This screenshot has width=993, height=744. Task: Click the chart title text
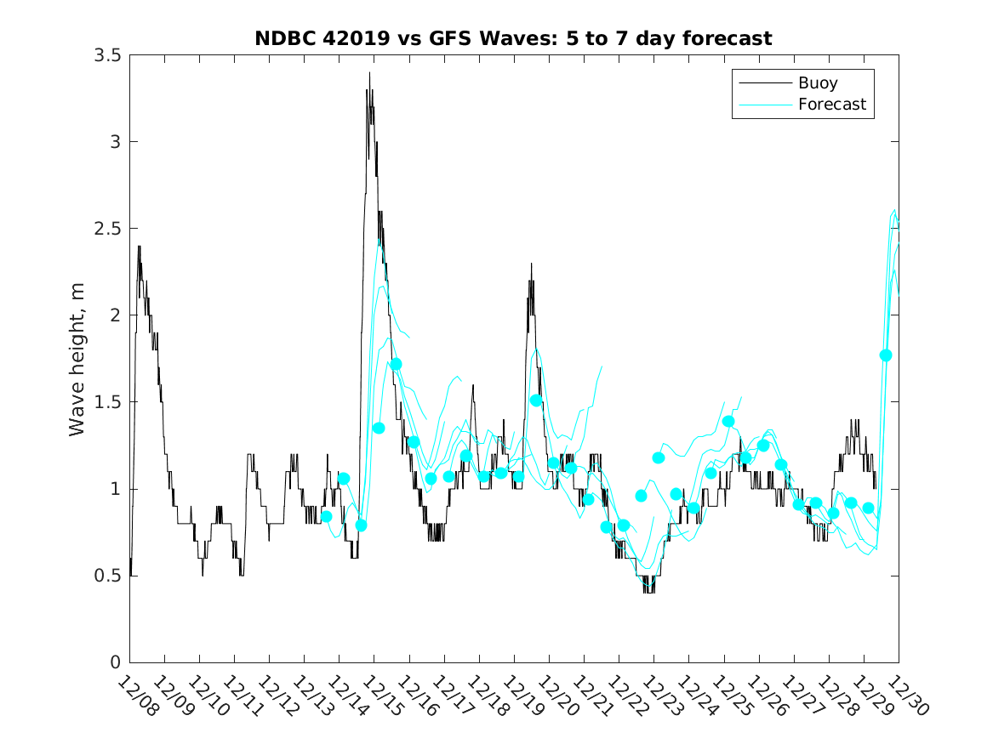pos(513,38)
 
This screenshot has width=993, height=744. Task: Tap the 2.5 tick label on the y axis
pos(107,229)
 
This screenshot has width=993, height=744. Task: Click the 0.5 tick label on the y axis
pos(107,576)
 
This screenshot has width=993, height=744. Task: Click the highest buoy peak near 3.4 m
pos(369,73)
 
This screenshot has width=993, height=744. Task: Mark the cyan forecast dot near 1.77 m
pos(885,355)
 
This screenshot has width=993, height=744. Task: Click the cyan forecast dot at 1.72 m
pos(396,364)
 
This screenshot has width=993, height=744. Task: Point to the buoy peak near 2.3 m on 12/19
pos(531,264)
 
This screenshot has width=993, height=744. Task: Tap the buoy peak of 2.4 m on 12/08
pos(139,247)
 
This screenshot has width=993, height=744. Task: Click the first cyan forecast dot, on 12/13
pos(326,516)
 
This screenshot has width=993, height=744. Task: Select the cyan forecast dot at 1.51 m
pos(536,400)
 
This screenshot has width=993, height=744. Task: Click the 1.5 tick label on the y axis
pos(107,402)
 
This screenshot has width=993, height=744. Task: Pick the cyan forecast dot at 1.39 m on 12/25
pos(728,421)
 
